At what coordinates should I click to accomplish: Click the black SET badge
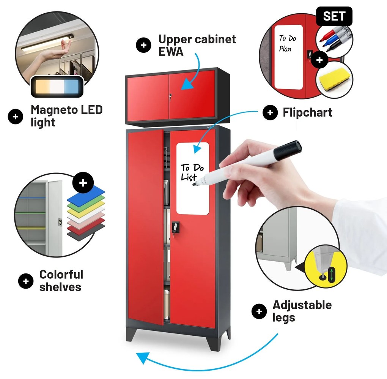coord(334,16)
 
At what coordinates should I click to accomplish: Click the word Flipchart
coord(308,112)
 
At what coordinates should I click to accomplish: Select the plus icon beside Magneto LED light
coord(16,117)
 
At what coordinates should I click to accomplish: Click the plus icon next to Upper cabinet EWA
coord(144,45)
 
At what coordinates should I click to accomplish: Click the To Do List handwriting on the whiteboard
coord(192,172)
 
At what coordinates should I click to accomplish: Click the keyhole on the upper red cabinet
coord(170,96)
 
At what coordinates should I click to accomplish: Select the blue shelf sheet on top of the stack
coord(86,194)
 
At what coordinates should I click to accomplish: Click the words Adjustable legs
coord(302,311)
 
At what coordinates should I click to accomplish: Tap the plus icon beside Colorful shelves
coord(26,281)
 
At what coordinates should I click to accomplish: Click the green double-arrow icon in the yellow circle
coord(332,275)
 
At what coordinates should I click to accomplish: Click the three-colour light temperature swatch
coord(57,86)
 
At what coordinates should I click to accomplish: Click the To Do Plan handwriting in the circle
coord(288,44)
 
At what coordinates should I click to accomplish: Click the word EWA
coord(171,52)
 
